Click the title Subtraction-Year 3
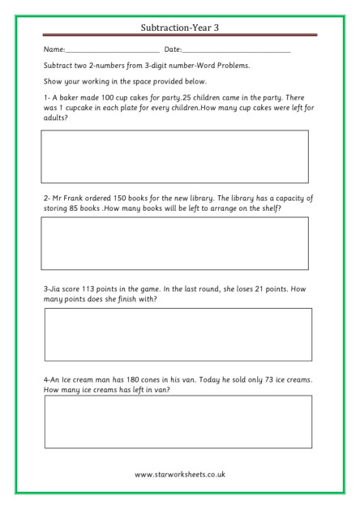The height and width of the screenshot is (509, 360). point(180,28)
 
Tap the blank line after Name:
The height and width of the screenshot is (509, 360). point(113,52)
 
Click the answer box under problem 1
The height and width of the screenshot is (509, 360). point(175,157)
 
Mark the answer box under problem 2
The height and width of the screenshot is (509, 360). point(175,243)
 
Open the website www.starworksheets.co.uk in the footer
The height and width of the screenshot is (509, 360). point(180,474)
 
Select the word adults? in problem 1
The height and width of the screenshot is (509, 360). point(56,118)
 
